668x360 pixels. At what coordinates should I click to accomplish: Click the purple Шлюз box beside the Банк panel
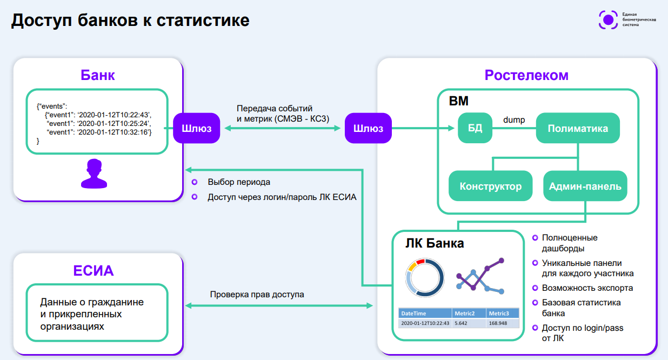coord(196,128)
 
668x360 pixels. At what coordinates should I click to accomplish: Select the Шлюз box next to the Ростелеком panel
coord(368,128)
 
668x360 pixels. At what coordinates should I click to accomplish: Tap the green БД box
coord(475,128)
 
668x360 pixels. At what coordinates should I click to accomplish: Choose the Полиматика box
coord(577,128)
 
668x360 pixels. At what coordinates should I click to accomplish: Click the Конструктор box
coord(490,186)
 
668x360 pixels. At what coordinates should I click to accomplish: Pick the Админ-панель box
coord(585,186)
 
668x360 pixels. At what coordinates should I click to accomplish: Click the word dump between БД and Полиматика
coord(514,120)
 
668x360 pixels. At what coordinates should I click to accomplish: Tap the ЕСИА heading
coord(93,270)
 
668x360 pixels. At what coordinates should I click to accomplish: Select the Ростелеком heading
coord(526,75)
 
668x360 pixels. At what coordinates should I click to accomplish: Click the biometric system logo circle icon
coord(608,20)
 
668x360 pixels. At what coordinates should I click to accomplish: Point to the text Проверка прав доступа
coord(257,295)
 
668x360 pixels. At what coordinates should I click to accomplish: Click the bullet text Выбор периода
coord(239,182)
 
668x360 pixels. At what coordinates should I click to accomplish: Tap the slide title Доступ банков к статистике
coord(131,21)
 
